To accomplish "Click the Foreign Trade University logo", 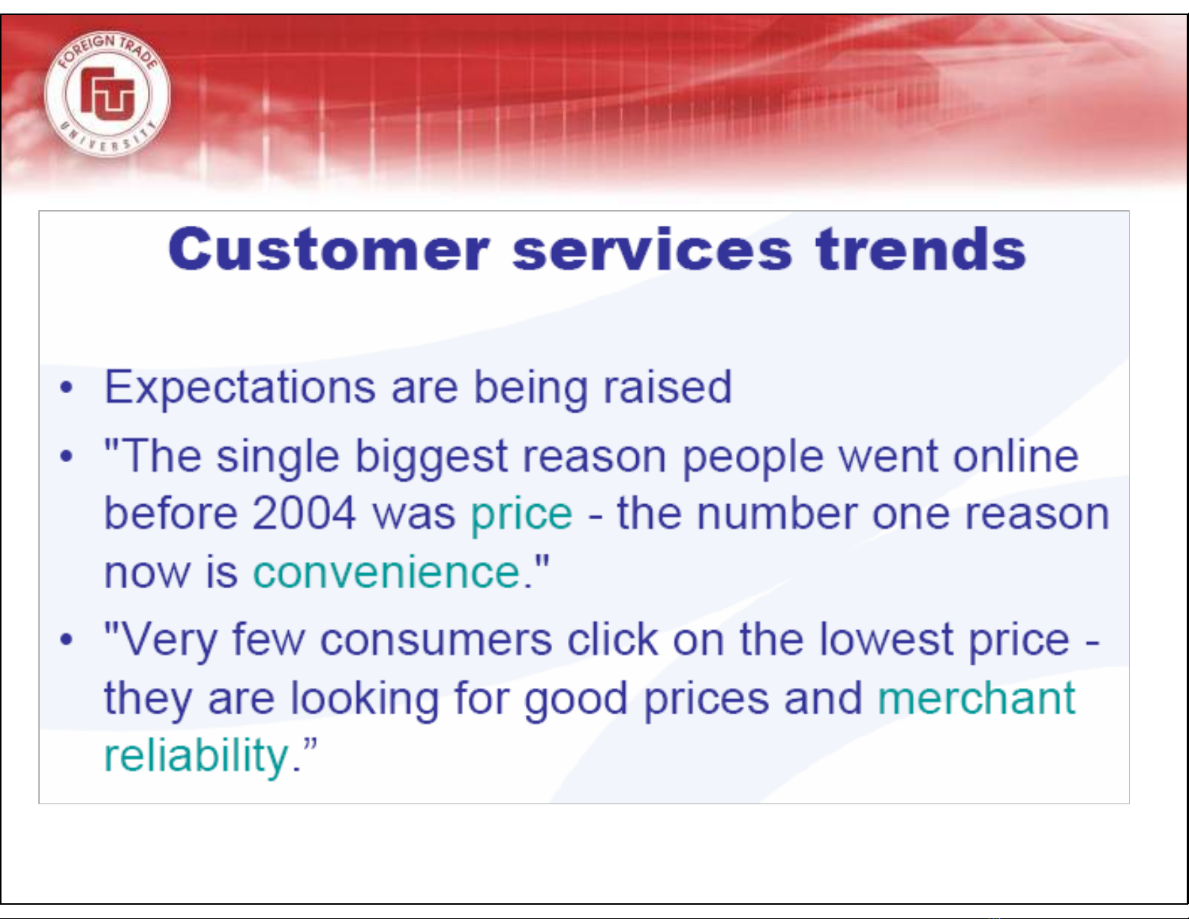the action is [107, 94].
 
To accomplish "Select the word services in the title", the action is [652, 249].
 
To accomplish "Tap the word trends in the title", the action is [921, 248].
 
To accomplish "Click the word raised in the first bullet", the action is [667, 386].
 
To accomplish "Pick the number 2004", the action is [304, 513].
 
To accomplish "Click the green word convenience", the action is [386, 572].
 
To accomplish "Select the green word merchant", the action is [977, 698].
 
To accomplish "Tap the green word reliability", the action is [196, 756].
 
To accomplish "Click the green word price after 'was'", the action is [521, 515].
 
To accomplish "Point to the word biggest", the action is [431, 458].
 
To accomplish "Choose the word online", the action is [1016, 455].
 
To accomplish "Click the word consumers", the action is [436, 640].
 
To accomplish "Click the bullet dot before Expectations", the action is [66, 387].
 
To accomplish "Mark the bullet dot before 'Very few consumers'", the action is [66, 639].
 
